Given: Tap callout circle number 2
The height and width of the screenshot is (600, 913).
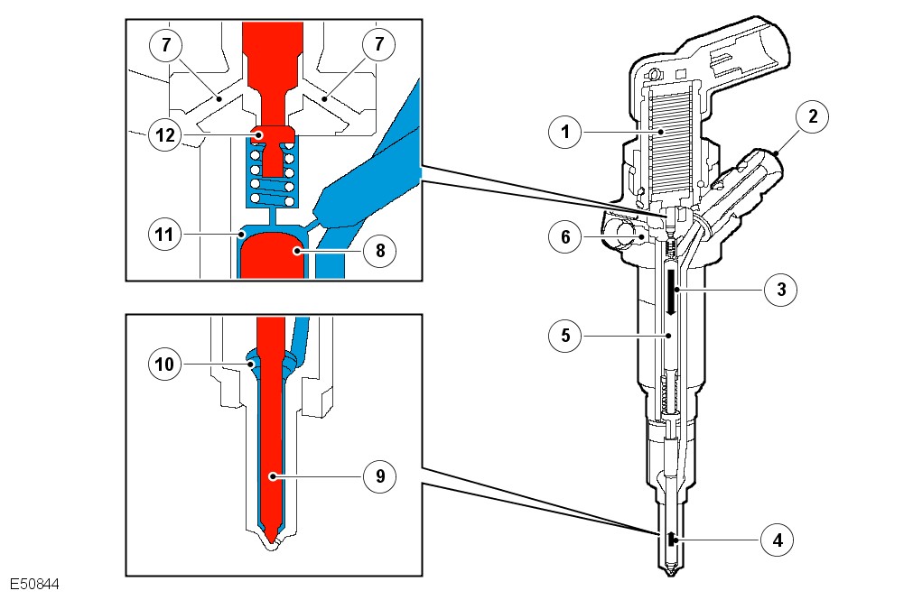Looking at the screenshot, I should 813,116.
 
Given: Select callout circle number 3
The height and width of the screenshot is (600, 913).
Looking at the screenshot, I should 781,290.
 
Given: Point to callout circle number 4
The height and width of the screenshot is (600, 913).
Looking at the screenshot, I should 777,540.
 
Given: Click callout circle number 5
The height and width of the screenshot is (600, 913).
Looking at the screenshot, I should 565,335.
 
